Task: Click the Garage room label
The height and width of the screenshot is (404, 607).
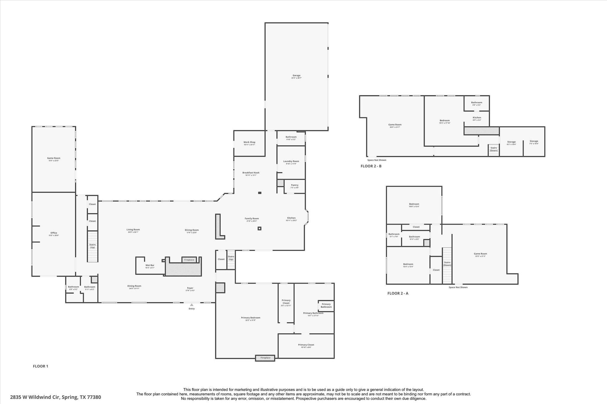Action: coord(296,75)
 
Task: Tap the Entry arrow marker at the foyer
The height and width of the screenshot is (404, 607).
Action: coord(192,305)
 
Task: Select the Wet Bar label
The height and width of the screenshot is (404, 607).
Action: coord(150,265)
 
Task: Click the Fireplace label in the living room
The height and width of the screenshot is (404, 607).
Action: coord(189,260)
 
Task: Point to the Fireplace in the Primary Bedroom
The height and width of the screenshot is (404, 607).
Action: coord(265,358)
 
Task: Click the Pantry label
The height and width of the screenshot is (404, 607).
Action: coord(295,185)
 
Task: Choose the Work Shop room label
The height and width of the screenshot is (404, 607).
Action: coord(249,142)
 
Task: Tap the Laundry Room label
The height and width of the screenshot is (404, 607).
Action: coord(291,161)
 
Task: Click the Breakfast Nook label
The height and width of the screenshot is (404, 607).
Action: coord(251,173)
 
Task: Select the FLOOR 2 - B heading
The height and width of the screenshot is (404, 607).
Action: coord(371,166)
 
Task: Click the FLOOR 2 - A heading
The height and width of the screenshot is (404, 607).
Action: coord(398,293)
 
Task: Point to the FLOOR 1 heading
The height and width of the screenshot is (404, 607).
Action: coord(40,366)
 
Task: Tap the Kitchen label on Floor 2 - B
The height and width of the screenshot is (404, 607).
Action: coord(477,118)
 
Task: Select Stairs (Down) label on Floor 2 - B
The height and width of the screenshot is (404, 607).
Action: coord(493,149)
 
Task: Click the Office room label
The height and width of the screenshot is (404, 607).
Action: coord(54,233)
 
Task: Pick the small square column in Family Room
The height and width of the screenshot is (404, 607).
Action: coord(259,228)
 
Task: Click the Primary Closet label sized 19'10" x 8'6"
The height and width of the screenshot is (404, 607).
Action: coord(306,345)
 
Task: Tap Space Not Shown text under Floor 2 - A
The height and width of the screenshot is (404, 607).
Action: coord(458,287)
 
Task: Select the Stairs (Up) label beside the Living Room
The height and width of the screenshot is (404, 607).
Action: coord(92,246)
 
